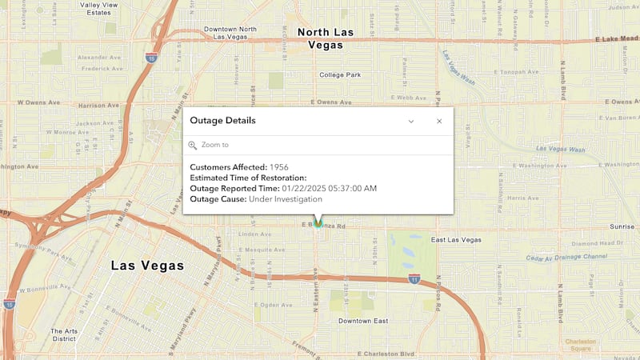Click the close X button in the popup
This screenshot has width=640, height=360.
point(438,121)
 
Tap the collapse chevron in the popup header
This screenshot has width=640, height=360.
point(411,121)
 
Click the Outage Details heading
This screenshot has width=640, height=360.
point(222,121)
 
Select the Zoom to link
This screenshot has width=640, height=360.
point(214,145)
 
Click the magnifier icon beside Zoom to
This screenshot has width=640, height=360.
point(193,145)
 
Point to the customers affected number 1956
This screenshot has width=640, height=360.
point(280,167)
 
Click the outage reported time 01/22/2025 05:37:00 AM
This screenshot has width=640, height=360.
point(329,188)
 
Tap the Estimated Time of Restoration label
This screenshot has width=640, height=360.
point(248,178)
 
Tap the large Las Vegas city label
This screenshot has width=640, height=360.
point(147,266)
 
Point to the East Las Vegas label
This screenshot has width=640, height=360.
point(456,240)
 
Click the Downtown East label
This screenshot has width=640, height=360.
point(362,321)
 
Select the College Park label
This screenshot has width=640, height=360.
point(340,75)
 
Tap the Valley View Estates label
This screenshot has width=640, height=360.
point(106,9)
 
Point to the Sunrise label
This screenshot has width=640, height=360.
point(622,226)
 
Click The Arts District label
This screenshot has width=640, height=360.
point(64,334)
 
